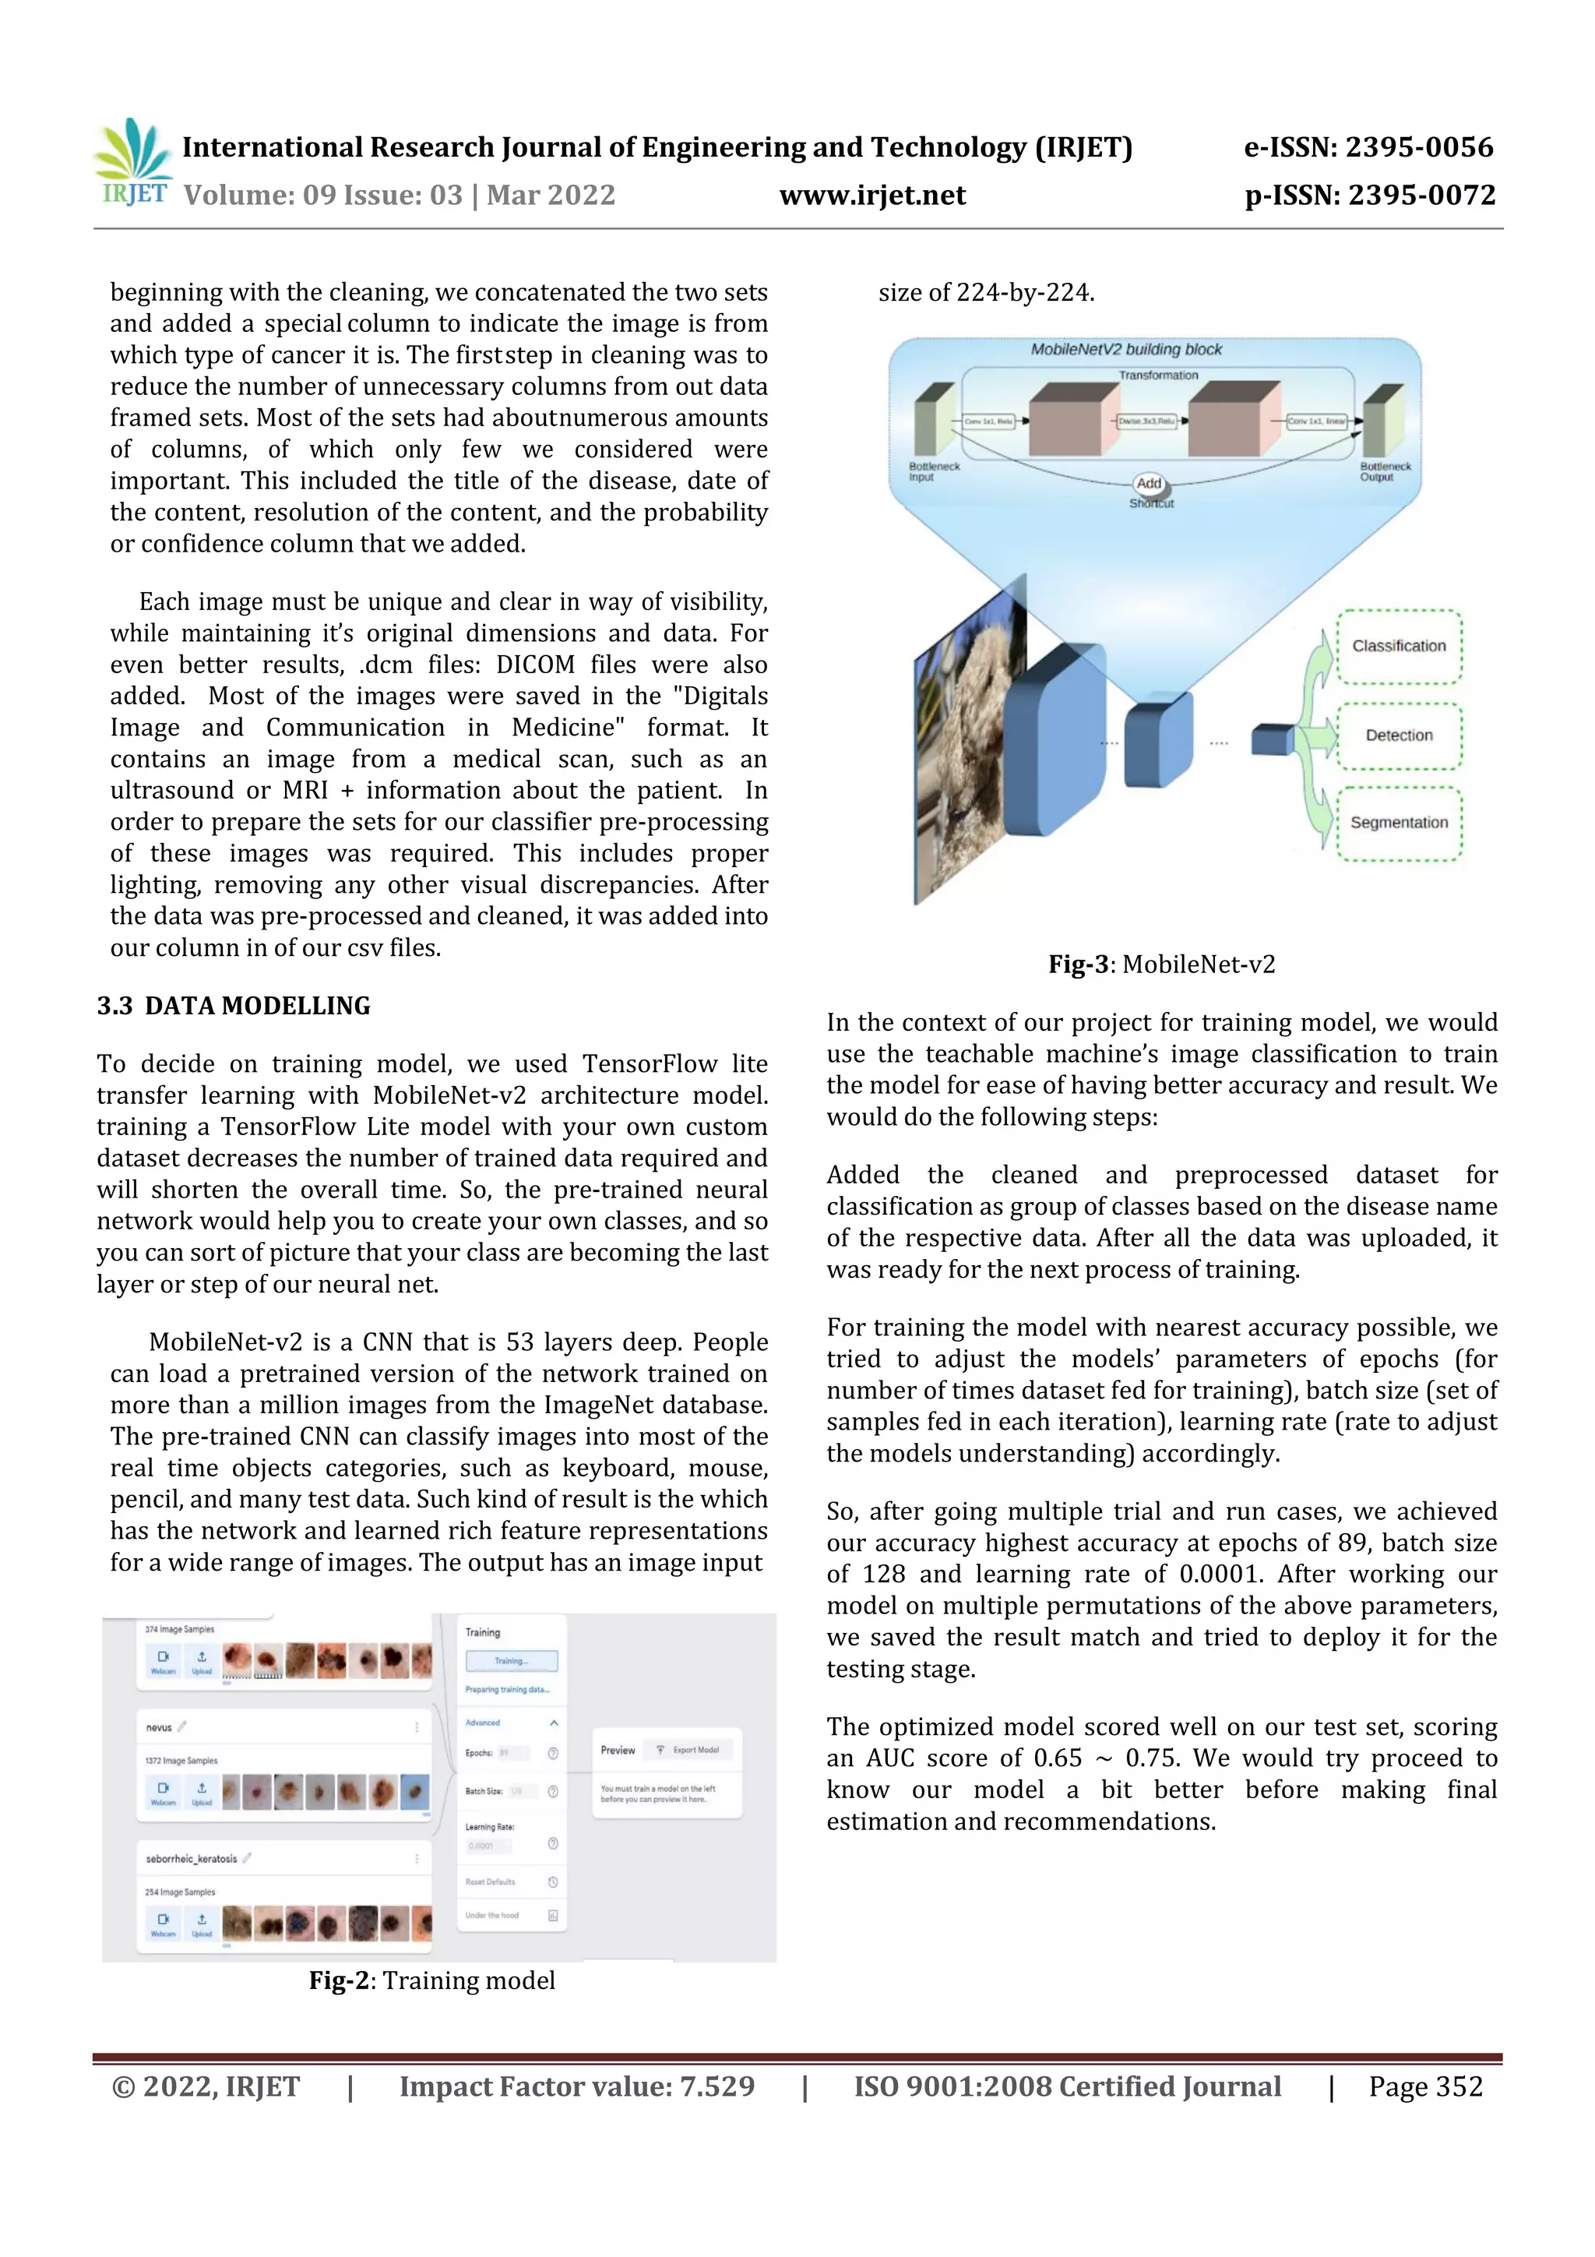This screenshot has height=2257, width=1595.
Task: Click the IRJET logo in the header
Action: pyautogui.click(x=134, y=162)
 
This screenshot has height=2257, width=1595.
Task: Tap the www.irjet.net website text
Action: pyautogui.click(x=871, y=196)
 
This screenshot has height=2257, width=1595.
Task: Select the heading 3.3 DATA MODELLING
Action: pyautogui.click(x=234, y=1006)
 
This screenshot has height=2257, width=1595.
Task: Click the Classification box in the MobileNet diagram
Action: pyautogui.click(x=1399, y=646)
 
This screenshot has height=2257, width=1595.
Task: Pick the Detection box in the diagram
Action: pyautogui.click(x=1399, y=735)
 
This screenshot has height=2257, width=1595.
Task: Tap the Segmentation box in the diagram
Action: pyautogui.click(x=1399, y=823)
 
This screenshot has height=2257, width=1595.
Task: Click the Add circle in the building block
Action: pyautogui.click(x=1149, y=484)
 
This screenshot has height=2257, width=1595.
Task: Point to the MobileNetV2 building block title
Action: pyautogui.click(x=1126, y=350)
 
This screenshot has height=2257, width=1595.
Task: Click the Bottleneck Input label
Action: pyautogui.click(x=933, y=472)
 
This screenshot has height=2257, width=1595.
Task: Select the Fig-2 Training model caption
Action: pyautogui.click(x=432, y=1980)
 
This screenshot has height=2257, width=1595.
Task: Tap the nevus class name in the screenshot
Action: pyautogui.click(x=159, y=1727)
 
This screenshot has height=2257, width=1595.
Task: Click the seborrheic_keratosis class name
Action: pyautogui.click(x=192, y=1859)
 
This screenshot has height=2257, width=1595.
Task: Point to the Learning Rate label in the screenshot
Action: pyautogui.click(x=489, y=1826)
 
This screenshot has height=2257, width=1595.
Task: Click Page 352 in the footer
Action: pyautogui.click(x=1425, y=2086)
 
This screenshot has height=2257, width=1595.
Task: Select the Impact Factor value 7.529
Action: pyautogui.click(x=577, y=2086)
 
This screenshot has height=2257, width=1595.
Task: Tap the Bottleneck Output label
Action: pyautogui.click(x=1385, y=472)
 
